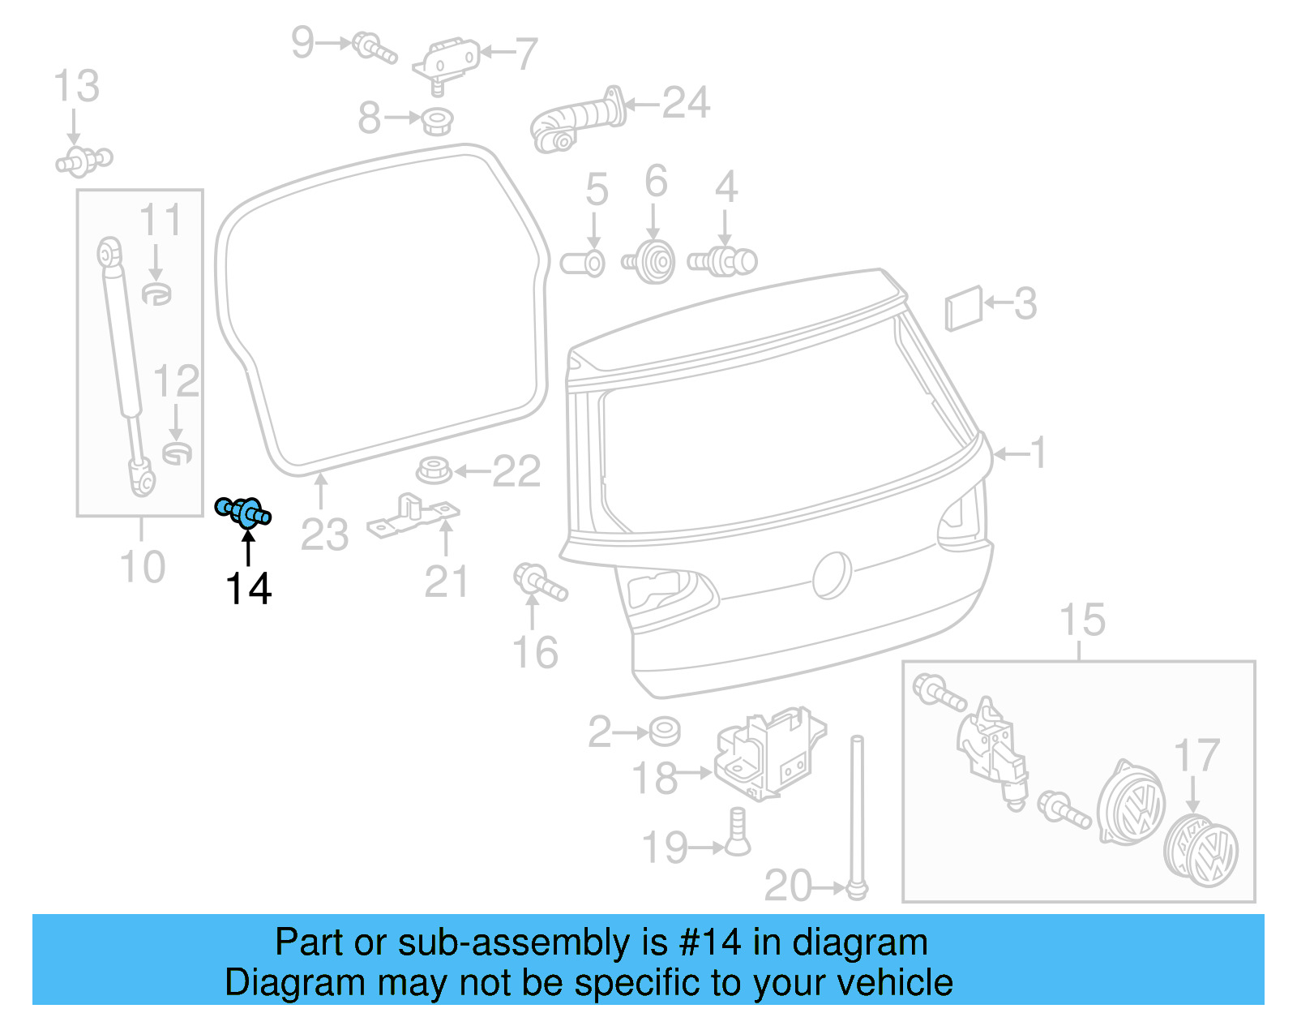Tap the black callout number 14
point(248,589)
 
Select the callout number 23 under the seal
point(324,535)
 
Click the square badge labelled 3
point(964,308)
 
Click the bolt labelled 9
point(375,47)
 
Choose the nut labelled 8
point(438,122)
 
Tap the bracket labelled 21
point(413,516)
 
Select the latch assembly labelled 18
point(768,753)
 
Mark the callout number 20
point(788,886)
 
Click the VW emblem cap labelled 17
point(1201,852)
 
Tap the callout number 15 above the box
point(1082,620)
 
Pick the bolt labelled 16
point(539,582)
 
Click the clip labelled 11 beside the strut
point(156,293)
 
